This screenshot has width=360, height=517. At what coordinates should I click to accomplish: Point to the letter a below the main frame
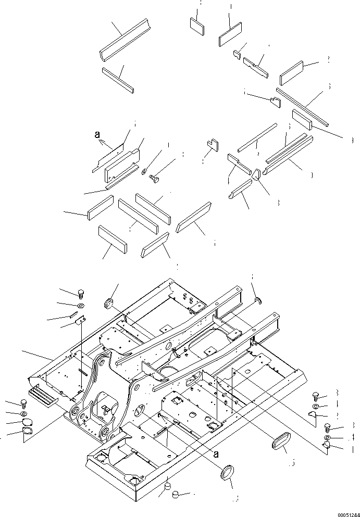tap(214, 453)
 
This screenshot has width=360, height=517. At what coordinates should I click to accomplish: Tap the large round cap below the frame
tap(228, 474)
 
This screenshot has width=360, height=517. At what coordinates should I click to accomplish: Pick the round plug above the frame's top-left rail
tap(110, 302)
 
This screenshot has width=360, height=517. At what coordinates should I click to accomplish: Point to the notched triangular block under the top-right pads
tap(275, 101)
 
